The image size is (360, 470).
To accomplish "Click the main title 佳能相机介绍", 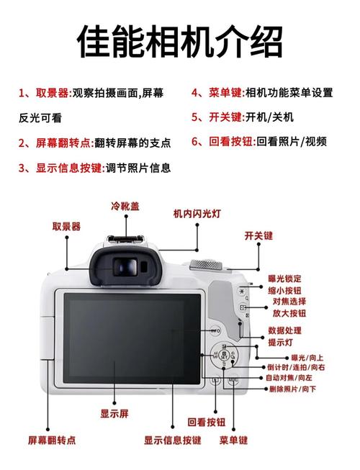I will pos(179,41).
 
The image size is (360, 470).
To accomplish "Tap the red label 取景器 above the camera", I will pos(66,226).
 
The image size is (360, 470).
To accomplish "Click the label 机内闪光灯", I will pos(197,214).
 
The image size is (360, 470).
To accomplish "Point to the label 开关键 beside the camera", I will pos(258,235).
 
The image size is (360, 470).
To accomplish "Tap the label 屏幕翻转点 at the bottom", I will pos(52,440).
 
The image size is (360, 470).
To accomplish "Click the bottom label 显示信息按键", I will pos(172,440).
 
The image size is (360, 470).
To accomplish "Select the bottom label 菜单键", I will pos(234,440).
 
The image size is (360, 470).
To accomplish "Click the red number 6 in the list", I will pos(195,141).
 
